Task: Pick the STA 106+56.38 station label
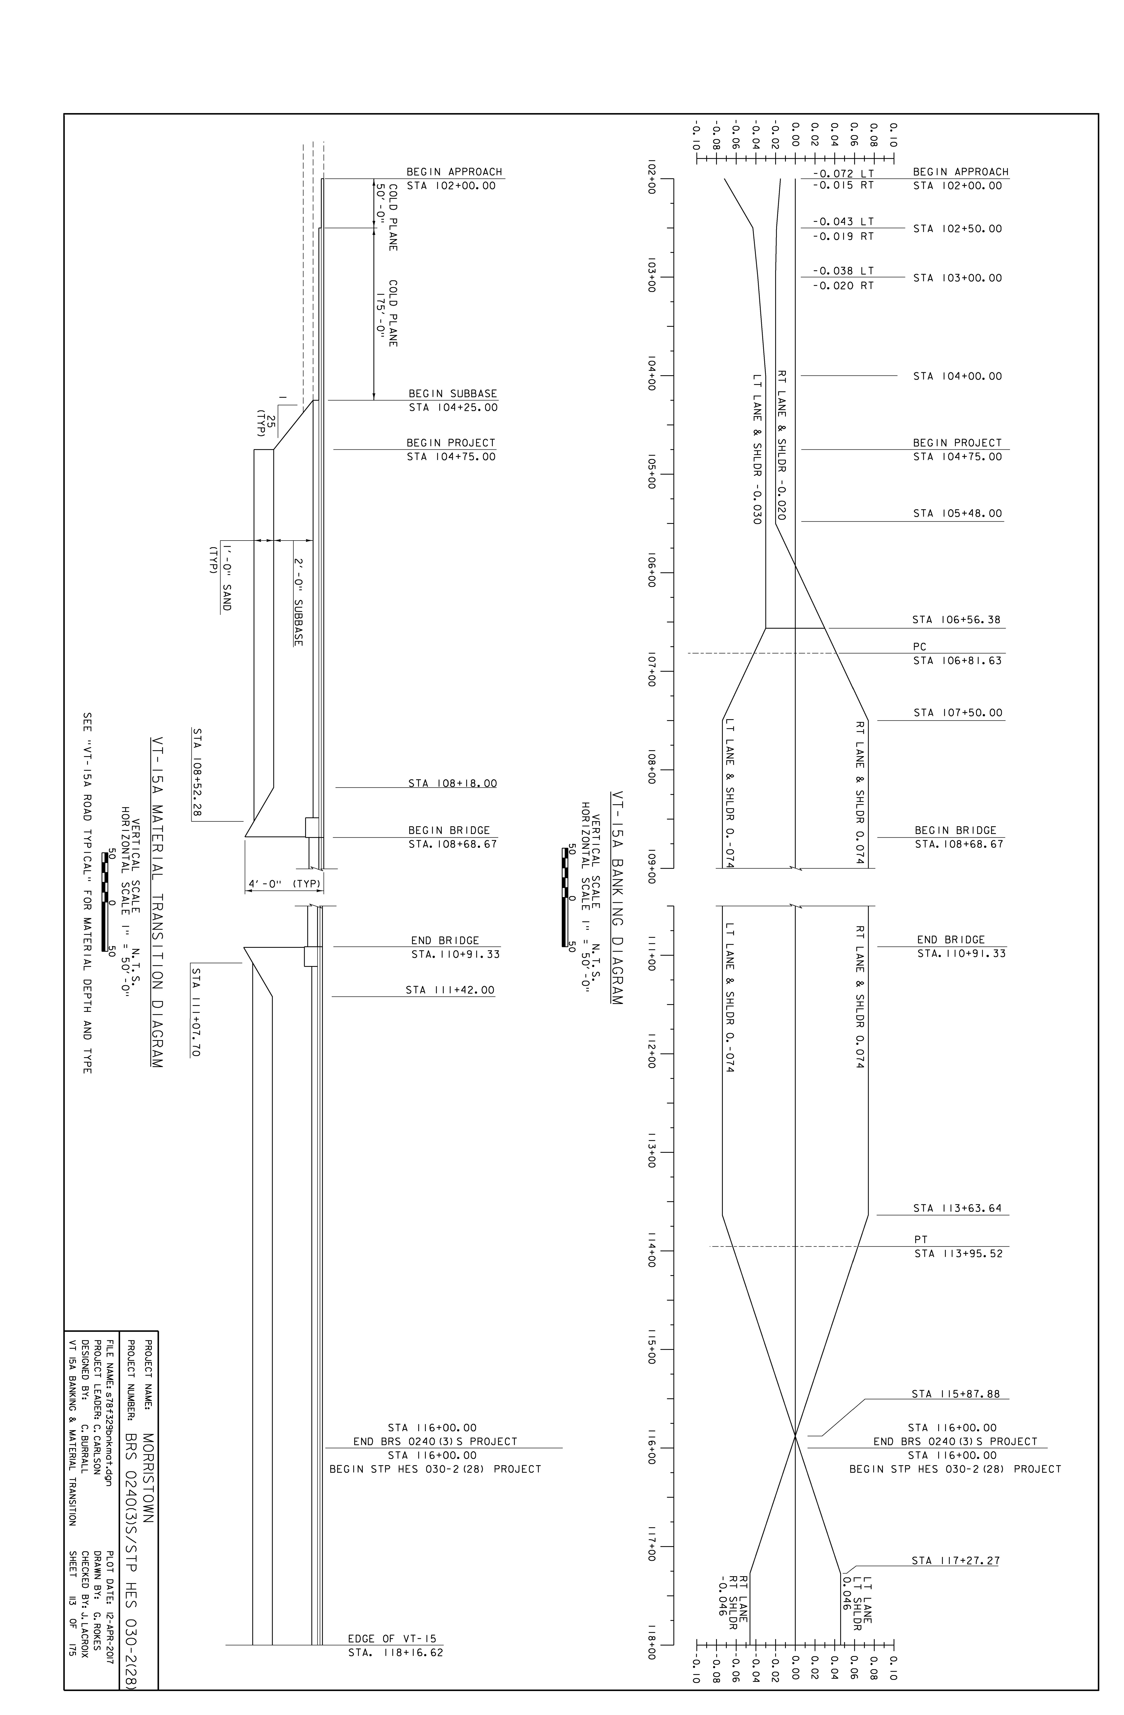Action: tap(956, 620)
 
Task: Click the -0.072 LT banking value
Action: tap(842, 174)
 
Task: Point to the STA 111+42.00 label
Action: tap(450, 990)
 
